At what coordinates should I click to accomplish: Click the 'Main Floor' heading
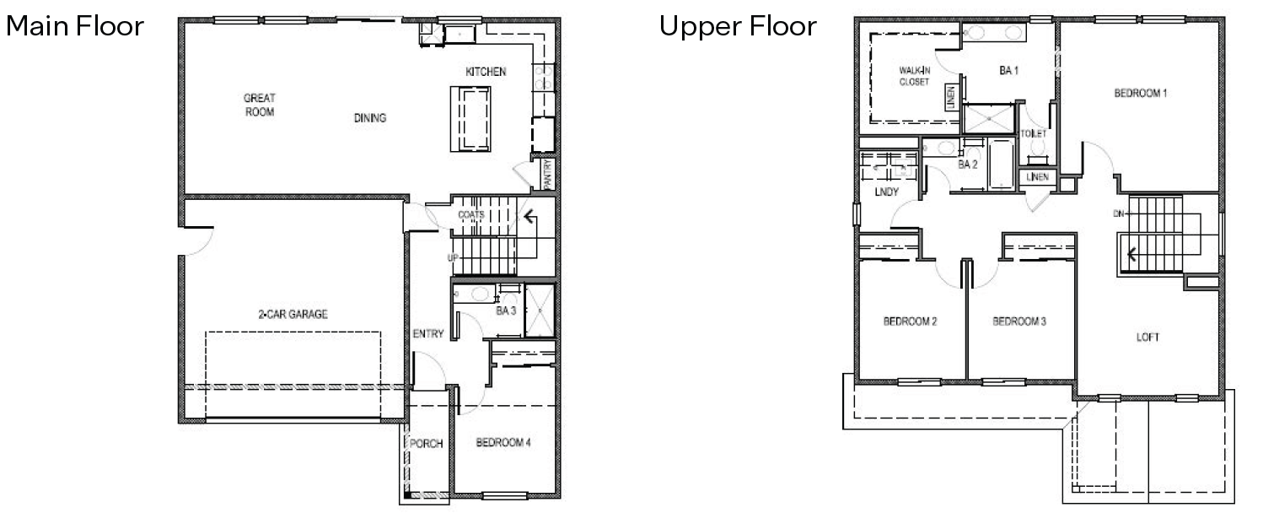click(75, 26)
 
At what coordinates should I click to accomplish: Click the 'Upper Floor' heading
click(738, 26)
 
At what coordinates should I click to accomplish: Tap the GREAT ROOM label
click(260, 105)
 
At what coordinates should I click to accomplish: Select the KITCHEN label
click(486, 73)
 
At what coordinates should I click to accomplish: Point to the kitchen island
click(473, 119)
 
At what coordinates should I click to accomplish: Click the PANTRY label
click(547, 175)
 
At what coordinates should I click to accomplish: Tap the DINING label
click(370, 118)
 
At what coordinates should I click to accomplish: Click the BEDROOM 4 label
click(503, 443)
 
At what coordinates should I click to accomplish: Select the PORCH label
click(427, 444)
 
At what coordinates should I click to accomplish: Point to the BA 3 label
click(506, 311)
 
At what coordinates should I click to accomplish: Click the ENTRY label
click(428, 334)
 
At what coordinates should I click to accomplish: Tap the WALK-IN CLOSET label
click(913, 76)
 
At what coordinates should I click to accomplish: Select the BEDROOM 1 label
click(1141, 93)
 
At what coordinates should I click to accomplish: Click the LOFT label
click(1147, 337)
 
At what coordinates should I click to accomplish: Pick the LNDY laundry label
click(886, 192)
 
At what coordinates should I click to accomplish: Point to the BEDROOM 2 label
click(911, 321)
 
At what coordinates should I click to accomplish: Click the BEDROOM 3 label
click(1019, 321)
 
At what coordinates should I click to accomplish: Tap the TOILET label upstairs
click(1033, 134)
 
